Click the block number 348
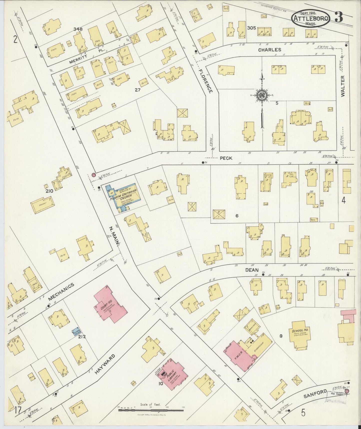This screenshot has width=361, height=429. (x=78, y=29)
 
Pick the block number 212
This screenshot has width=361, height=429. (x=82, y=337)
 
